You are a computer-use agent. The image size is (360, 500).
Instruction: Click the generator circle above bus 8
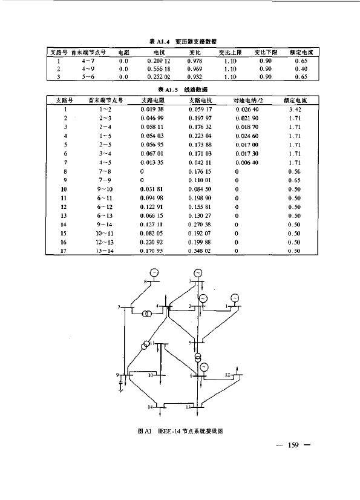[154, 273]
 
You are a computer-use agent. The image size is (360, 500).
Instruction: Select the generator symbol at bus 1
[235, 298]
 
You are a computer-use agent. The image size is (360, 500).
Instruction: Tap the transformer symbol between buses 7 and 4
[146, 314]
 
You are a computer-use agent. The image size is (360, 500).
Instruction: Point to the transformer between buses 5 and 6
[198, 357]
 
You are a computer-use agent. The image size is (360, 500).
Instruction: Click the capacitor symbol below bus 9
[121, 386]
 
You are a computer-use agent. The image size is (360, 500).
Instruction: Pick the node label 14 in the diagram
[150, 407]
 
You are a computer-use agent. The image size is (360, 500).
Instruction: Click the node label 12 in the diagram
[227, 375]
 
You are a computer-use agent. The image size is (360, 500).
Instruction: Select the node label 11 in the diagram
[152, 343]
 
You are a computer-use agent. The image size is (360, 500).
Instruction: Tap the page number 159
[293, 445]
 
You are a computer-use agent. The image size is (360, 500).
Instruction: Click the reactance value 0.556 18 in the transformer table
[159, 69]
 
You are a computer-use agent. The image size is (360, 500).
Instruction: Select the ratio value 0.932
[194, 77]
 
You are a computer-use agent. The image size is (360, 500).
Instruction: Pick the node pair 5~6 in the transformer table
[88, 77]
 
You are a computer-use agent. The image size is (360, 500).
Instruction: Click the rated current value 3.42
[295, 110]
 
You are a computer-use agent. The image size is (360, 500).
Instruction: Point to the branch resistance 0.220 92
[151, 242]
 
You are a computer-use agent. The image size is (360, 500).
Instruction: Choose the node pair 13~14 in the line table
[105, 251]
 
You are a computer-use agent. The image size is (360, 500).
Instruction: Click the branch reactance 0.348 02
[199, 251]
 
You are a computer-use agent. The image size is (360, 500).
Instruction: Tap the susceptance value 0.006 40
[247, 163]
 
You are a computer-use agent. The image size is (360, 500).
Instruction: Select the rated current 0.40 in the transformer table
[301, 69]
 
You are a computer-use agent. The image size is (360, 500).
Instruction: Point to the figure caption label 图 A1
[144, 431]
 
